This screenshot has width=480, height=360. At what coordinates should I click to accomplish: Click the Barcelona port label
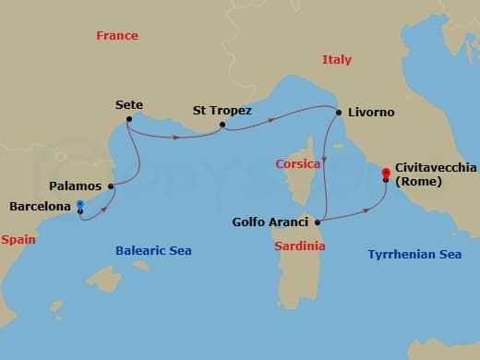pos(40,207)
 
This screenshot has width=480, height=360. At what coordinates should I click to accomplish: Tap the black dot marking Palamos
pos(111,186)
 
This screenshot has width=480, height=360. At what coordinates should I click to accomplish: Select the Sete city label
pos(129,105)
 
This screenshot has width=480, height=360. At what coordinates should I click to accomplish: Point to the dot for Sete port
pos(128,119)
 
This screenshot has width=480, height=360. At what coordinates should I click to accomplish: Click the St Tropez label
pos(222,111)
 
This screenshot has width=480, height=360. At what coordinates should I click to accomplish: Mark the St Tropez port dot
pos(222,125)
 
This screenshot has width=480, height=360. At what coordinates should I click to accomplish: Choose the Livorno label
pos(372,113)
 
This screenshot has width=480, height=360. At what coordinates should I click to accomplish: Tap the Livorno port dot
pos(340,113)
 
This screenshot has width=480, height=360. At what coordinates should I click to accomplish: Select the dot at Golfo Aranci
pos(318,222)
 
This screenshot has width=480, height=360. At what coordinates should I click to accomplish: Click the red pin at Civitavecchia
pos(385,173)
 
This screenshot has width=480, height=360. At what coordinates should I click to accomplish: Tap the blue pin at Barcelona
pos(80,205)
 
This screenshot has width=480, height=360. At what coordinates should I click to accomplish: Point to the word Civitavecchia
pos(435,168)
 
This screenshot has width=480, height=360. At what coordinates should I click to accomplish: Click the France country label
pos(117,36)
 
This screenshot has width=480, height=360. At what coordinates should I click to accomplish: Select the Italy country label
pos(337,60)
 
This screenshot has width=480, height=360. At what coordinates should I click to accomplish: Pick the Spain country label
pos(18,239)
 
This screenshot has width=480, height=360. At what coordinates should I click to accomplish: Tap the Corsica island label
pos(298,164)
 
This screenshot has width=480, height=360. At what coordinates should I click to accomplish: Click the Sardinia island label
pos(300,246)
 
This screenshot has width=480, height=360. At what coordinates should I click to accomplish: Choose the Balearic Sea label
pos(153,251)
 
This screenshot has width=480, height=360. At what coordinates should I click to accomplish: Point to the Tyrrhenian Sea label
pos(414,254)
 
